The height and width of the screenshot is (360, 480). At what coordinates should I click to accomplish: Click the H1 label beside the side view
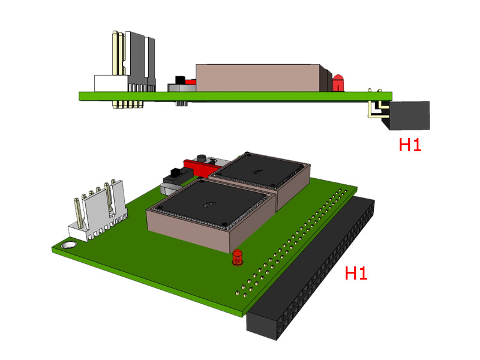click(410, 145)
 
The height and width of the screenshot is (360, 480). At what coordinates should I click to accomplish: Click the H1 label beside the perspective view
click(356, 273)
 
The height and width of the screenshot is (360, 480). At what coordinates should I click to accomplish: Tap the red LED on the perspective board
click(238, 257)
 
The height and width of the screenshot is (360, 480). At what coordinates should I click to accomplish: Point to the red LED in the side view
click(338, 83)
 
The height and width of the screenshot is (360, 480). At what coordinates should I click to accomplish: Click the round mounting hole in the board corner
click(69, 245)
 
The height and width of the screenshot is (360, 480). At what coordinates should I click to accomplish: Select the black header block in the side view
click(409, 115)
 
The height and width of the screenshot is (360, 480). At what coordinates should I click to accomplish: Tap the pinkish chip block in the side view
click(258, 78)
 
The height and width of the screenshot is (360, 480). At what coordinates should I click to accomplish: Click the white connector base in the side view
click(111, 83)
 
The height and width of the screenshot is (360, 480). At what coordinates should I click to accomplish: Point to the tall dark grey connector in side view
click(140, 61)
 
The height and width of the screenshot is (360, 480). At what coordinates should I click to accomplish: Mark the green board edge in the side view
click(235, 96)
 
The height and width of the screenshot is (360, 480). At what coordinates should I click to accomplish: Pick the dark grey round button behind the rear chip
click(202, 159)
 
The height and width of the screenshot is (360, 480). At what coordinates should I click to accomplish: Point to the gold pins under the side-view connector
click(128, 104)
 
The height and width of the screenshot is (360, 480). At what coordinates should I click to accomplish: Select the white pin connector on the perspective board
click(98, 211)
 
